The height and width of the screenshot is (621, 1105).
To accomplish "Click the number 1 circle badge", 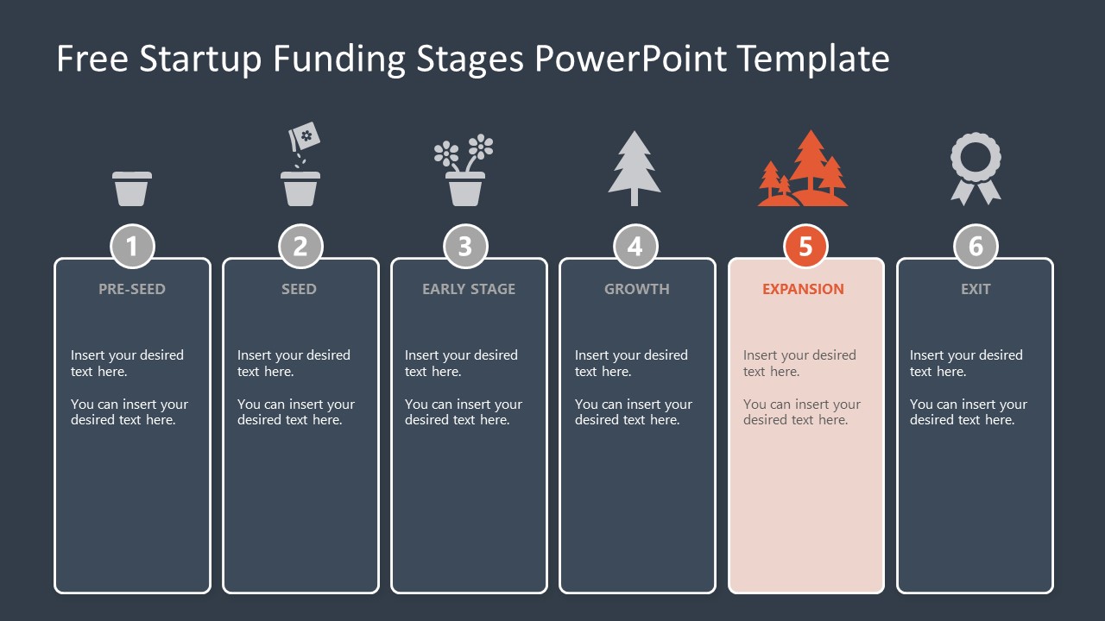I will click(x=132, y=247).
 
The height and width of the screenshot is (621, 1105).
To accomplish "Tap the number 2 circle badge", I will click(x=300, y=247).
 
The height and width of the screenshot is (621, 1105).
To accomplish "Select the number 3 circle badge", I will click(x=465, y=247).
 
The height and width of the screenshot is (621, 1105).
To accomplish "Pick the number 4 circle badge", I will click(x=635, y=247).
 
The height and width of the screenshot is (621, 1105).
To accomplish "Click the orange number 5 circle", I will click(x=805, y=247).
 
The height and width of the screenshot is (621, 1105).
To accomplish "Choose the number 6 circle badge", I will click(x=976, y=247).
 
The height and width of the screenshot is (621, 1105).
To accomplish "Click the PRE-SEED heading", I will click(x=131, y=289).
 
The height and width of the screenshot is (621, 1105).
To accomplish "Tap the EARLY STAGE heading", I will click(x=469, y=289).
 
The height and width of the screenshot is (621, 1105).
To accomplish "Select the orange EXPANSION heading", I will click(x=803, y=289).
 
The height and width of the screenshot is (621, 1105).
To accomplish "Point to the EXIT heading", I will click(x=976, y=289).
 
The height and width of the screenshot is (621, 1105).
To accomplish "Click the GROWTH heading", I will click(x=637, y=289).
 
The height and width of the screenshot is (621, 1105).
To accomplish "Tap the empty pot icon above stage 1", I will click(x=132, y=188).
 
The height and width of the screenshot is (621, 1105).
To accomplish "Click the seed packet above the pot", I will click(x=305, y=135).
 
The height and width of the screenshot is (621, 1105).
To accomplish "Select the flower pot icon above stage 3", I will click(x=464, y=171).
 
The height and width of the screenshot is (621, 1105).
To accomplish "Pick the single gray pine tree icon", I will click(x=635, y=168).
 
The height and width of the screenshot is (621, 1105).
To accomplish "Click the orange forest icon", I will click(x=803, y=170).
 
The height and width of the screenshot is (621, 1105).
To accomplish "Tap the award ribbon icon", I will click(x=976, y=168).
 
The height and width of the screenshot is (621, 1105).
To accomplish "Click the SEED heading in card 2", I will click(x=299, y=289).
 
